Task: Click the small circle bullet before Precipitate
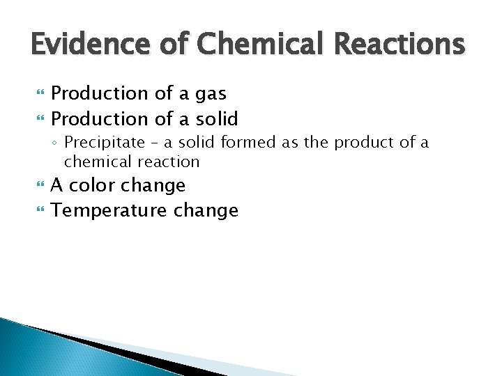55,143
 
